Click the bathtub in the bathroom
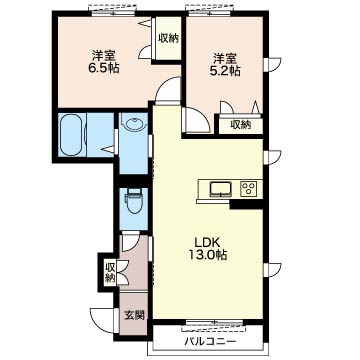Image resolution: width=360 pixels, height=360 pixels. (x=73, y=135)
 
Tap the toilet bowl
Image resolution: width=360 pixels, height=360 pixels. (x=133, y=202)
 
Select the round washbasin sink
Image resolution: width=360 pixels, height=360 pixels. (x=135, y=125)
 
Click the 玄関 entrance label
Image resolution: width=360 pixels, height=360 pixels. (x=135, y=315)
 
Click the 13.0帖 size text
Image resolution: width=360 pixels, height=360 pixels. (x=207, y=255)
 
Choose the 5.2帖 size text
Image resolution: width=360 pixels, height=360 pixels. (x=225, y=71)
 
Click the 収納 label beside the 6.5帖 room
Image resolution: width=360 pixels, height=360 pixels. (x=168, y=39)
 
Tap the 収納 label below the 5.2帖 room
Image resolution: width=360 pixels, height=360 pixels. (x=241, y=125)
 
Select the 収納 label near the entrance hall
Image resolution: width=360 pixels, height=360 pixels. (x=110, y=273)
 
